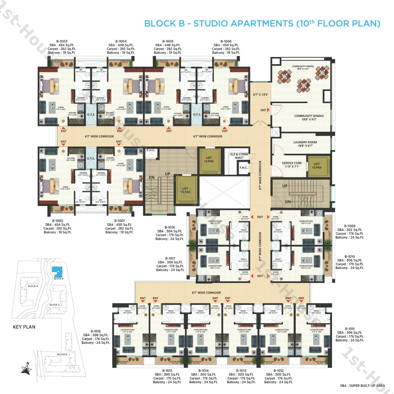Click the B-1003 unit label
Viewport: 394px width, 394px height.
[62, 41]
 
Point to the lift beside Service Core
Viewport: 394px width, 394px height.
[317, 166]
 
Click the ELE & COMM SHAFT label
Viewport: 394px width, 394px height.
[239, 156]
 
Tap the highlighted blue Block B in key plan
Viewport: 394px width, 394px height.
[57, 271]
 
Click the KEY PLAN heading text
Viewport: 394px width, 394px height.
[24, 327]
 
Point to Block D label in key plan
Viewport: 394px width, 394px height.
[62, 354]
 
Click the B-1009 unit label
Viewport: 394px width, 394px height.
[350, 226]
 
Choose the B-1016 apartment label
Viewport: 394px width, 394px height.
[96, 331]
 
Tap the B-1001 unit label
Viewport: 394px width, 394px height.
[120, 221]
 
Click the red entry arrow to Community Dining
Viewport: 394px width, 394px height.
[268, 110]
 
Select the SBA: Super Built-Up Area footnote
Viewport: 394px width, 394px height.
[362, 385]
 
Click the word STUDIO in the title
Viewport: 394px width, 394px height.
[210, 24]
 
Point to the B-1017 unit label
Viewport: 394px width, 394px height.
[170, 258]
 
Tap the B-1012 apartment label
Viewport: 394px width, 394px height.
[278, 370]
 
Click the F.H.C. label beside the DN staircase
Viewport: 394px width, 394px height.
[151, 150]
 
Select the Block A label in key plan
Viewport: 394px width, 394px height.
[33, 286]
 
